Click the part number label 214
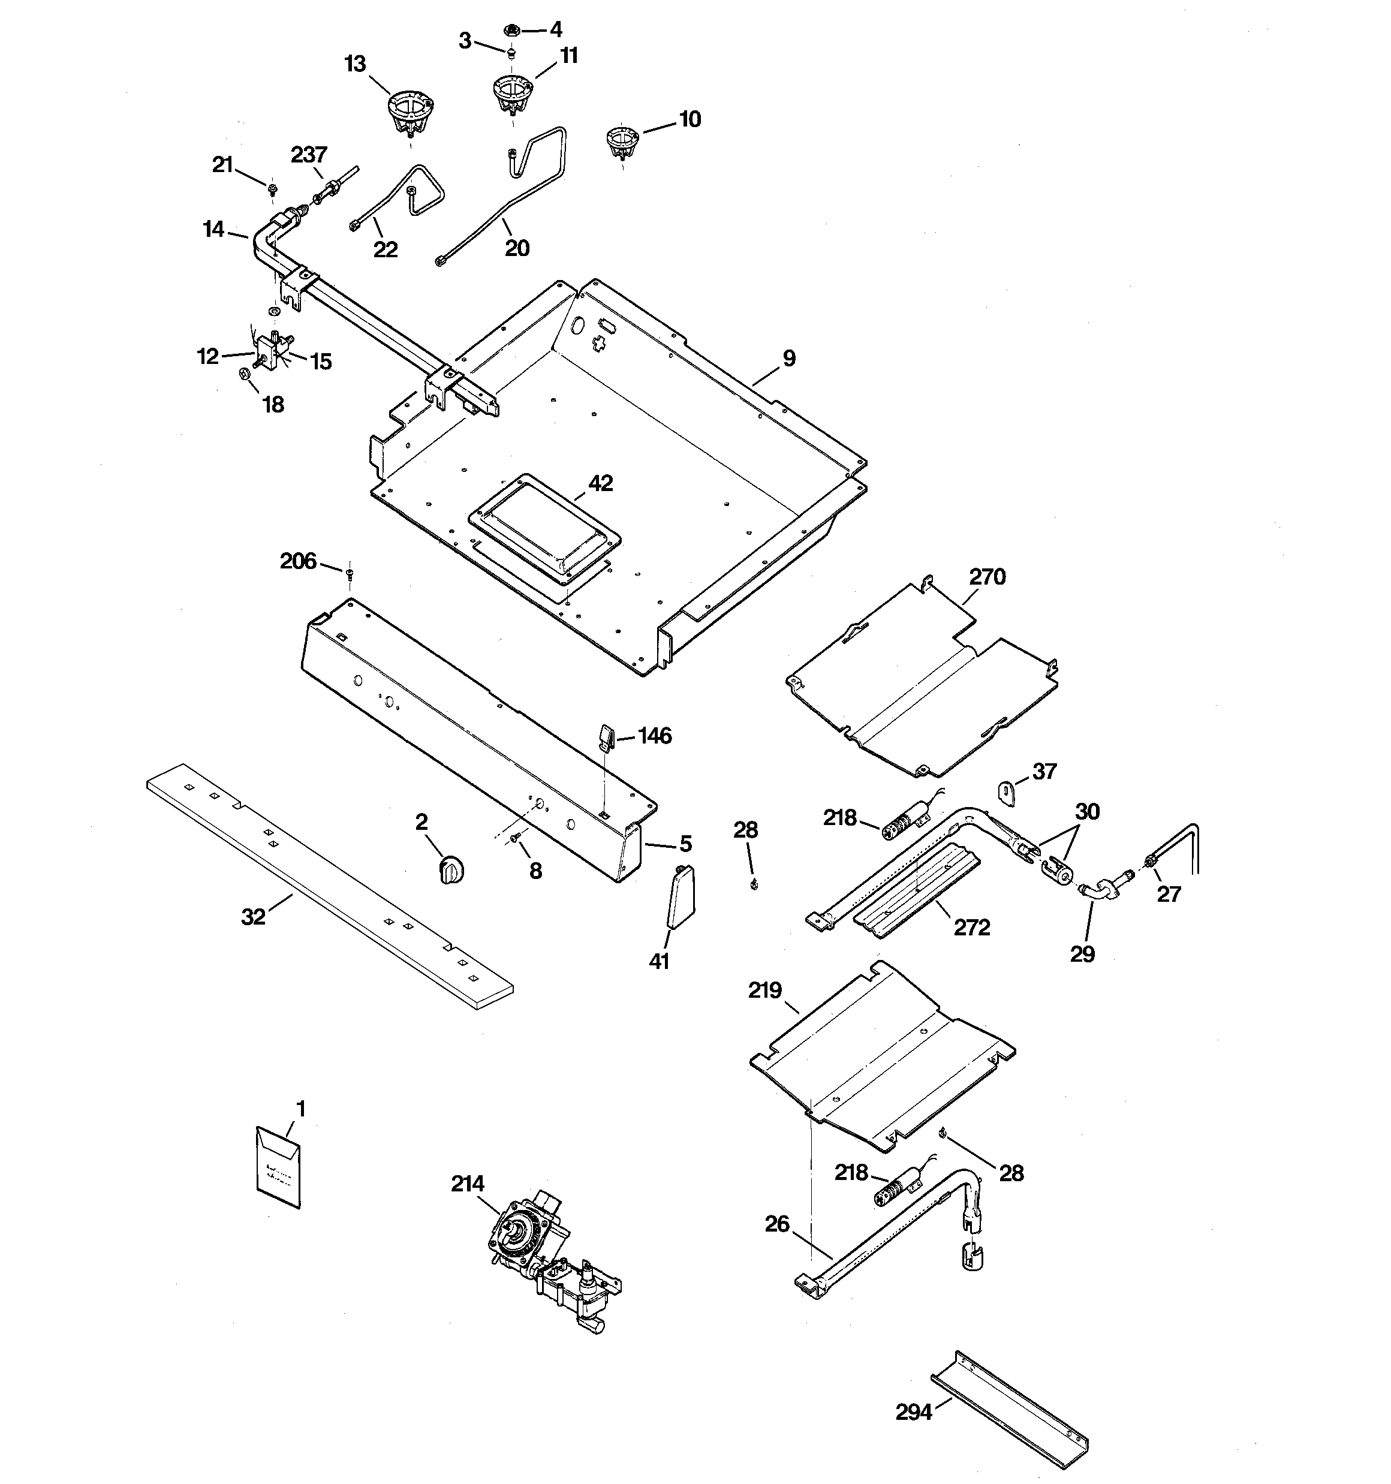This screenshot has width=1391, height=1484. [x=468, y=1184]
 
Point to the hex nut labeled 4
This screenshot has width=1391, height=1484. [x=511, y=31]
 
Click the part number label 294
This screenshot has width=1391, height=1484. [x=914, y=1412]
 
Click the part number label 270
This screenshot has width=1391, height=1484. [x=987, y=576]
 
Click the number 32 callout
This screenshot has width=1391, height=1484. [x=253, y=917]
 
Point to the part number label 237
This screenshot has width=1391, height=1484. [x=308, y=155]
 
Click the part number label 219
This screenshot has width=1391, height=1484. [x=764, y=991]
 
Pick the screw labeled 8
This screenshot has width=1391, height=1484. [x=515, y=841]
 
